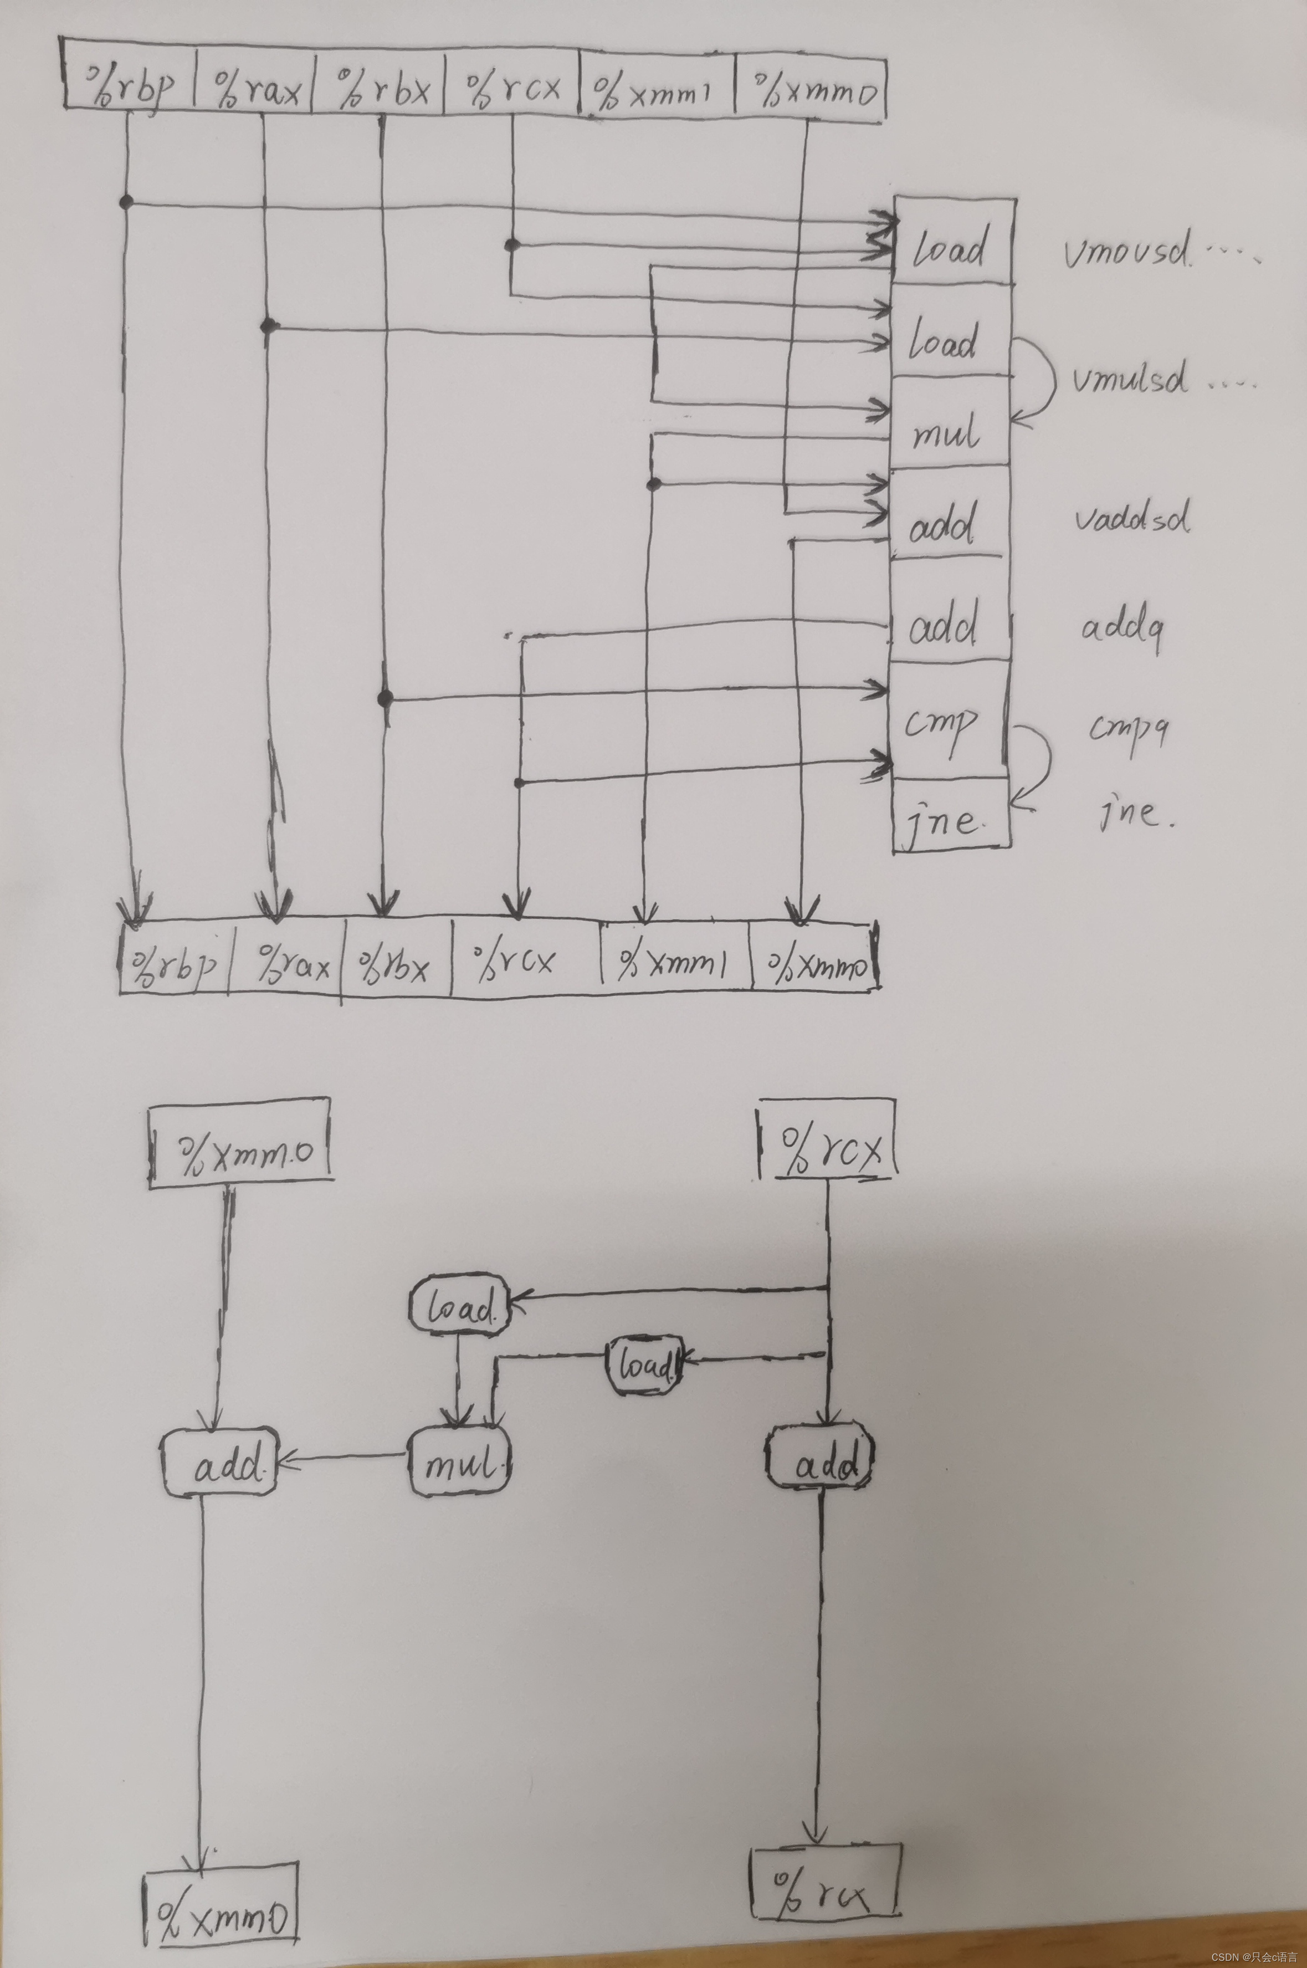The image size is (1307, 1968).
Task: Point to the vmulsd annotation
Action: click(1130, 380)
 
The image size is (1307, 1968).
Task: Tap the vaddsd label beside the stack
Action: click(1131, 519)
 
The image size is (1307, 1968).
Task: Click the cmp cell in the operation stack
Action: click(949, 722)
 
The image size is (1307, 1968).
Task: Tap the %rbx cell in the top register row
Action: click(380, 85)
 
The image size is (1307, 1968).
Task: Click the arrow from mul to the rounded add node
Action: click(342, 1459)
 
